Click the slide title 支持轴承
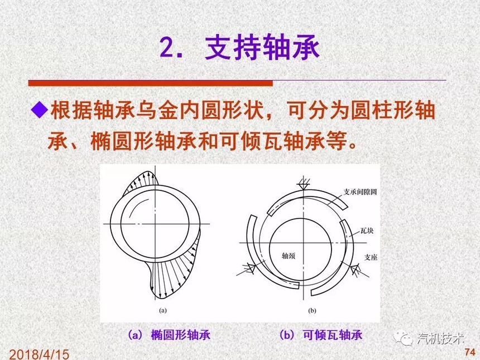pos(262,48)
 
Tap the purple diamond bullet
pos(40,109)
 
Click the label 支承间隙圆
pos(359,192)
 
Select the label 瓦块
pos(367,231)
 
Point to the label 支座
pos(371,257)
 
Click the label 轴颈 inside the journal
pos(289,256)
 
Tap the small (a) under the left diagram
pos(163,310)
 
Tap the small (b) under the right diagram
pos(312,311)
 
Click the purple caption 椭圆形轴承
pos(181,335)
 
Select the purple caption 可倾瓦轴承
pos(333,335)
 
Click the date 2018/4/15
pos(39,354)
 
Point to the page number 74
pos(469,352)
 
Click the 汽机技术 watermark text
pos(440,339)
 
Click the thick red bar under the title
pos(150,83)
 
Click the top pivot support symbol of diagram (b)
pos(304,184)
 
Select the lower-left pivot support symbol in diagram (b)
pos(248,269)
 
